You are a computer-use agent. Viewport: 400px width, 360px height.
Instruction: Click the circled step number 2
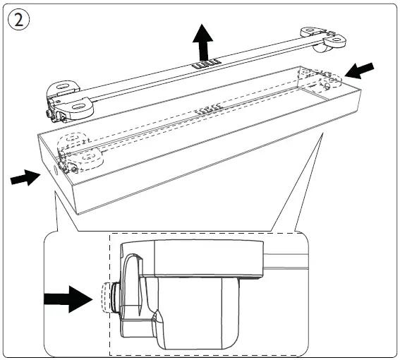(18, 20)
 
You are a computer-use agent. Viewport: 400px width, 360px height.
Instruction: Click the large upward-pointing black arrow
(202, 42)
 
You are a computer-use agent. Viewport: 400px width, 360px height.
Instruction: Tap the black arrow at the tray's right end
(360, 71)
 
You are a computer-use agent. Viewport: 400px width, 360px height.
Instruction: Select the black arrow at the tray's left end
(25, 177)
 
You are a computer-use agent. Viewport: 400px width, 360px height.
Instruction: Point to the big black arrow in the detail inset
(68, 299)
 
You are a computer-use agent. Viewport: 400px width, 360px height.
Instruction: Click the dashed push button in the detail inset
(106, 298)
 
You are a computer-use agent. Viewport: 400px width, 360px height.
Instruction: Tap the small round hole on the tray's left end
(55, 170)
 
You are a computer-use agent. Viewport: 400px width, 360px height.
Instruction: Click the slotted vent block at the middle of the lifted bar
(206, 64)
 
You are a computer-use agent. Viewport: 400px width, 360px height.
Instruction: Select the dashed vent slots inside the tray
(207, 109)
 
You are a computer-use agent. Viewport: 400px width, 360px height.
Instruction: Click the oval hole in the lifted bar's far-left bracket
(63, 86)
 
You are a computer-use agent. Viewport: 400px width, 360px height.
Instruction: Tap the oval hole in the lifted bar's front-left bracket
(79, 107)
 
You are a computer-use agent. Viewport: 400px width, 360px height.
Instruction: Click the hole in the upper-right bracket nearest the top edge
(310, 30)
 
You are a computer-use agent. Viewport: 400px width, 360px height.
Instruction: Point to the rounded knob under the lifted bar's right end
(321, 49)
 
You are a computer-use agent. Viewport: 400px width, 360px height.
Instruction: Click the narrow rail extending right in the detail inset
(286, 262)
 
